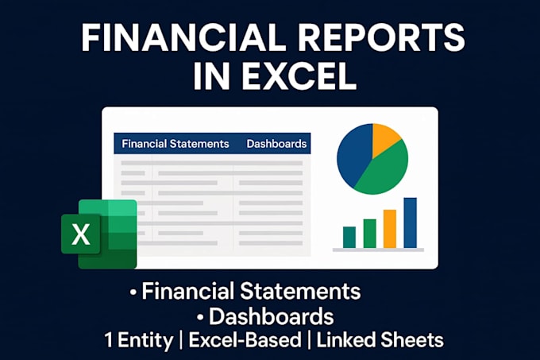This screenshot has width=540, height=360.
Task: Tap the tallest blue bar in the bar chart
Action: coord(410,223)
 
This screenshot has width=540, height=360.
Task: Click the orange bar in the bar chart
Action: coord(389,229)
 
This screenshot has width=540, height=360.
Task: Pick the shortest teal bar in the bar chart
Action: coord(349,237)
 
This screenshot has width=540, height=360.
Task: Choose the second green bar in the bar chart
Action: coord(369,233)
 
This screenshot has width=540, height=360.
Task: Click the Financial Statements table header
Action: coord(175,144)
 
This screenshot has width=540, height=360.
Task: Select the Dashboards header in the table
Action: coord(276,144)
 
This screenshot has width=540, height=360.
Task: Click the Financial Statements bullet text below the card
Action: coord(251,291)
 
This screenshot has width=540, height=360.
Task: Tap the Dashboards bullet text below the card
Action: coord(271,316)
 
